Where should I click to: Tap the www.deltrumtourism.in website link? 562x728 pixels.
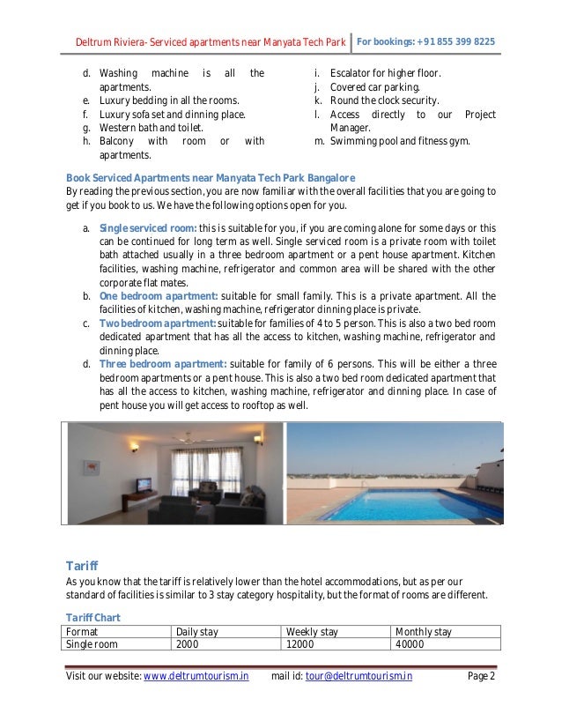196,677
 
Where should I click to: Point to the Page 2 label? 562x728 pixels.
480,677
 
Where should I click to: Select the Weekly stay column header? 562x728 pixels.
312,632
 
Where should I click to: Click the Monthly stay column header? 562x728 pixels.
424,632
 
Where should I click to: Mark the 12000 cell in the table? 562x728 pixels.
301,644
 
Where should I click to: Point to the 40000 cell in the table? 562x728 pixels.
410,644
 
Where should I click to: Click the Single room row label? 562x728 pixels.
92,644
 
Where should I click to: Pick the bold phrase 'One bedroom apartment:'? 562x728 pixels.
158,295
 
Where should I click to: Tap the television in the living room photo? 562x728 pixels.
144,484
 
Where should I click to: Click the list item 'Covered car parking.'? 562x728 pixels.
374,88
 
